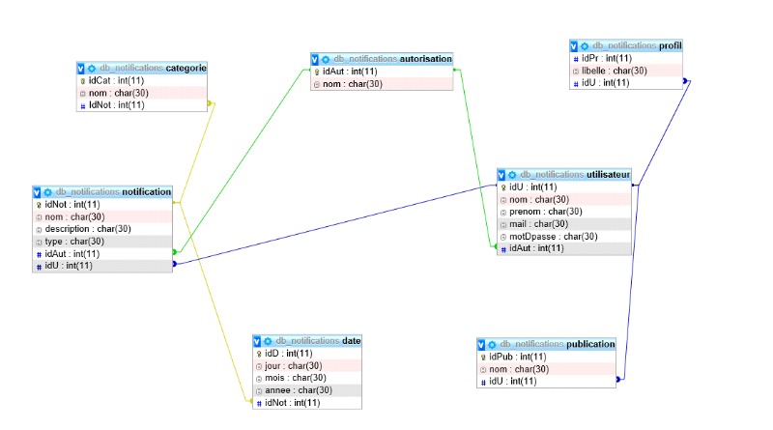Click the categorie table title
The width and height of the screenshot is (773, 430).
coord(144,69)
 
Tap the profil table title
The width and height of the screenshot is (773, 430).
coord(628,45)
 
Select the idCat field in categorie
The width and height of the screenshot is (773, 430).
coord(116,80)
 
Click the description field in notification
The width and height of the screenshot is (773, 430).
coord(87,229)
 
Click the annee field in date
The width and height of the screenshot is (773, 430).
coord(299,390)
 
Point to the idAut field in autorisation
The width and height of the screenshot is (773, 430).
coord(350,72)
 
